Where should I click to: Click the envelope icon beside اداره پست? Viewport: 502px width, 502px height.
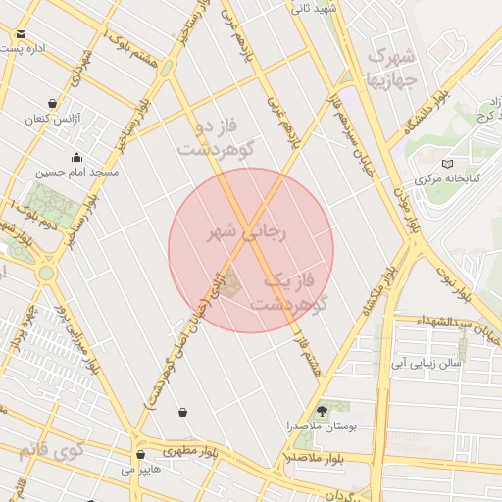21,34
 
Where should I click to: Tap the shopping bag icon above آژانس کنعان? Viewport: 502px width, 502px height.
51,103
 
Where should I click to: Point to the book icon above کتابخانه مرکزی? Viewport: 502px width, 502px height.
448,164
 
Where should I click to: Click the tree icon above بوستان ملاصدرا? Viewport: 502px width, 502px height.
323,410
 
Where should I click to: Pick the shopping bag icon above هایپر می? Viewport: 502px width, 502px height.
141,455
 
